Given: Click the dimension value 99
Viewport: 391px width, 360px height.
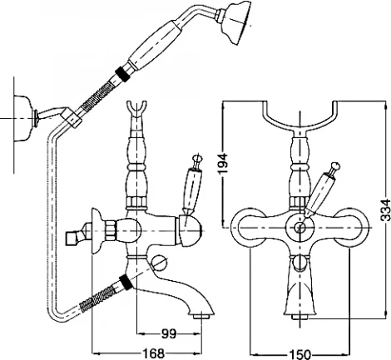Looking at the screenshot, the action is tap(169, 333).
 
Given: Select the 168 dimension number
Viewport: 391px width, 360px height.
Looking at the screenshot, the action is tap(153, 353).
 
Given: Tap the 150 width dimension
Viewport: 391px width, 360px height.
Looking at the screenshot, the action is tap(300, 354).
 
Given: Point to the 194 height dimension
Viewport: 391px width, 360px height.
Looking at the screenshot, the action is tap(223, 163).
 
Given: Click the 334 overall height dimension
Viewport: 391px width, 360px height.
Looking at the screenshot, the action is tap(385, 210).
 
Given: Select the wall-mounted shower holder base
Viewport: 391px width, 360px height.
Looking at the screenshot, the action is tap(24, 118).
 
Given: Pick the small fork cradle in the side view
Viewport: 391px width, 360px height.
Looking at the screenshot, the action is tap(136, 110).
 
